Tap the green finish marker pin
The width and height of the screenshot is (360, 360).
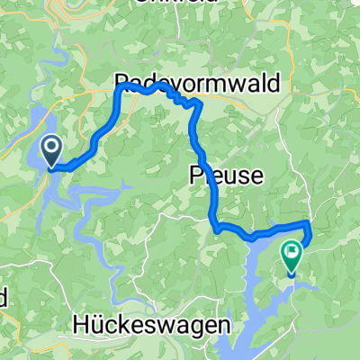[x=292, y=256]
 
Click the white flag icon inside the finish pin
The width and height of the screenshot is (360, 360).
[x=292, y=251]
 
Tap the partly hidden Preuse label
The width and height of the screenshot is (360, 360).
[x=226, y=176]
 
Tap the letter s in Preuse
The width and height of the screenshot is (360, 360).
[x=244, y=177]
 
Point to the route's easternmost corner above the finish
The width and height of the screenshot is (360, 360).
[x=309, y=222]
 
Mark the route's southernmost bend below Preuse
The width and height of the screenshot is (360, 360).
[x=217, y=229]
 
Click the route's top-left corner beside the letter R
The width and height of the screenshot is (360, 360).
[x=118, y=88]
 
